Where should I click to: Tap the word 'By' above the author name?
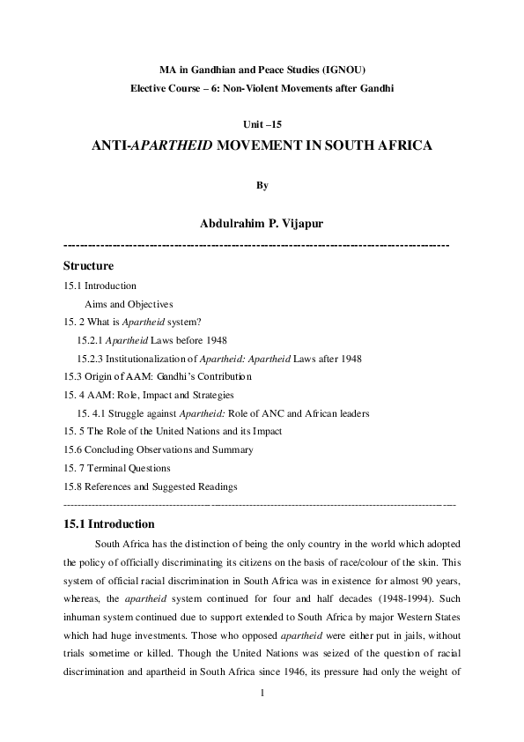[262, 185]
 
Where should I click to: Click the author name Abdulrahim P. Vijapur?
[262, 224]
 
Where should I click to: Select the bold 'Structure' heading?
[88, 265]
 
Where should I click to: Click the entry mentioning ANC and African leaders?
[222, 412]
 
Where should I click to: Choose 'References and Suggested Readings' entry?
[151, 486]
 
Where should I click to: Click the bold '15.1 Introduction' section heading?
[109, 523]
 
